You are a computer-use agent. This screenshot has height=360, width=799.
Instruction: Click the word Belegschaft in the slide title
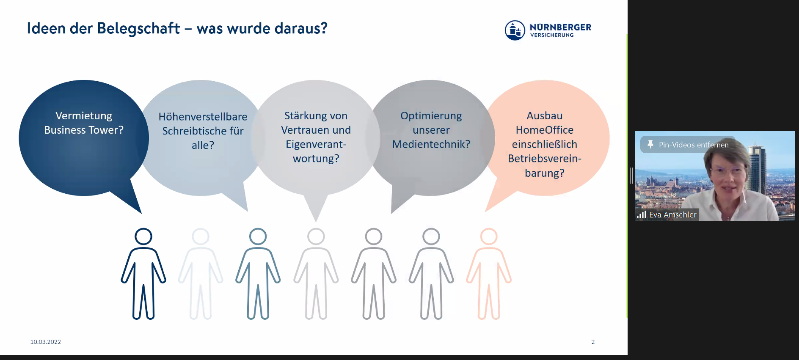click(138, 29)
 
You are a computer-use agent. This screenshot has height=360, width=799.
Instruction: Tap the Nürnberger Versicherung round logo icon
click(515, 30)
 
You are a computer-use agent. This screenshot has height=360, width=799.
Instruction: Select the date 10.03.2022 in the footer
click(46, 342)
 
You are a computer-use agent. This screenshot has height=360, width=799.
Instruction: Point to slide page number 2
click(593, 342)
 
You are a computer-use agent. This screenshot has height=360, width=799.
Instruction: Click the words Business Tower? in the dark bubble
click(84, 130)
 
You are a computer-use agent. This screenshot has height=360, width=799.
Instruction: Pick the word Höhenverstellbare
click(203, 116)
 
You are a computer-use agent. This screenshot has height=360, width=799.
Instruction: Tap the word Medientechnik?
click(431, 144)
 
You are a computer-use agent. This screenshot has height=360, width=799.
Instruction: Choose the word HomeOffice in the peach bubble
click(545, 130)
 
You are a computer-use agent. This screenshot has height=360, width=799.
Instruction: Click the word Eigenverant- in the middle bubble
click(316, 144)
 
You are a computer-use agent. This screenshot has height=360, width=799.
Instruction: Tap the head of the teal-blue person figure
click(258, 236)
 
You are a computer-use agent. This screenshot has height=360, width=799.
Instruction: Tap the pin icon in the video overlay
click(650, 144)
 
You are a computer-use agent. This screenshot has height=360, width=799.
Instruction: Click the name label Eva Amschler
click(673, 215)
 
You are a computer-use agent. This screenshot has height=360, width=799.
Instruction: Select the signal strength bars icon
click(642, 215)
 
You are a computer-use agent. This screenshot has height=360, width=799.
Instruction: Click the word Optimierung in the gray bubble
click(431, 116)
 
